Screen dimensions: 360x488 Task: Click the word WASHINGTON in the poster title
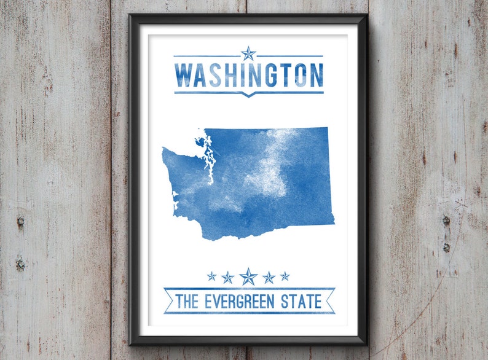pyautogui.click(x=248, y=76)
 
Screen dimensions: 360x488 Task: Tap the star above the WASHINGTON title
pyautogui.click(x=248, y=53)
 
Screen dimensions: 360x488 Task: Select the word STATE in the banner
pyautogui.click(x=302, y=302)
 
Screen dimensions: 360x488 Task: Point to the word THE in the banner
pyautogui.click(x=187, y=302)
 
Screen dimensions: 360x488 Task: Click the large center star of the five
pyautogui.click(x=248, y=276)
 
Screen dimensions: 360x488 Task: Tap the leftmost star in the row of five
pyautogui.click(x=211, y=276)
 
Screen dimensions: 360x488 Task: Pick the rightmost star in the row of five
pyautogui.click(x=285, y=276)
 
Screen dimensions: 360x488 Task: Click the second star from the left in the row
pyautogui.click(x=228, y=278)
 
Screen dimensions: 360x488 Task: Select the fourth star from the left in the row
pyautogui.click(x=269, y=278)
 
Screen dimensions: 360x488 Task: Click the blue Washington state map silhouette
pyautogui.click(x=289, y=197)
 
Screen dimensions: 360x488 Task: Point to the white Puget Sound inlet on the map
pyautogui.click(x=209, y=166)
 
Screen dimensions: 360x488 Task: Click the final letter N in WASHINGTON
pyautogui.click(x=315, y=76)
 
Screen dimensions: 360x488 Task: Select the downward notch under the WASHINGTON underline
pyautogui.click(x=248, y=95)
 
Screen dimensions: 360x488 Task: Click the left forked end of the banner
pyautogui.click(x=168, y=301)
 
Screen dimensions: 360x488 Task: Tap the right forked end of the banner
pyautogui.click(x=330, y=301)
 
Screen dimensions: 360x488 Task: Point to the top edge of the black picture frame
pyautogui.click(x=248, y=18)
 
